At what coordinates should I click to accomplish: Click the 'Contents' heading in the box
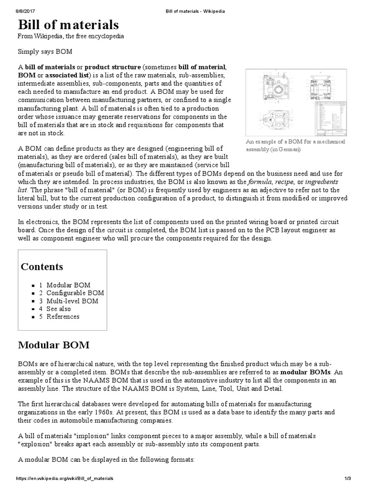(42, 267)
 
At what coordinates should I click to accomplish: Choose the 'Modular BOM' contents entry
(68, 285)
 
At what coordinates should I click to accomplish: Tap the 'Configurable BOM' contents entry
(75, 293)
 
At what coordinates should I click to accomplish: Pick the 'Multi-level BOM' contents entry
(72, 301)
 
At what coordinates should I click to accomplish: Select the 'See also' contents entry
(58, 309)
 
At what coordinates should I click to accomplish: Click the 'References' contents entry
(63, 317)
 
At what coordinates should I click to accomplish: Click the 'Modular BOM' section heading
(54, 345)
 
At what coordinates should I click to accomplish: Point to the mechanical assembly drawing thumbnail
(296, 102)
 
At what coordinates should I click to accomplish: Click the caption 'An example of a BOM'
(295, 145)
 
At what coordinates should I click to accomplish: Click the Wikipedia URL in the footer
(65, 479)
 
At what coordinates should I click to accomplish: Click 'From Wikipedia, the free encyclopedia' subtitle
(71, 36)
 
